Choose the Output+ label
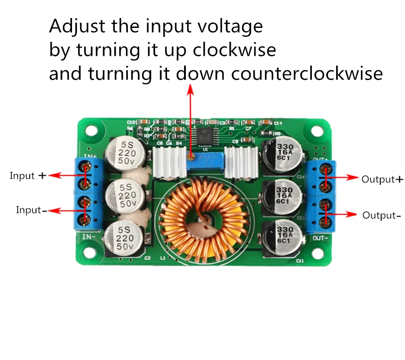[382, 179]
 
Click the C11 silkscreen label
[300, 261]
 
